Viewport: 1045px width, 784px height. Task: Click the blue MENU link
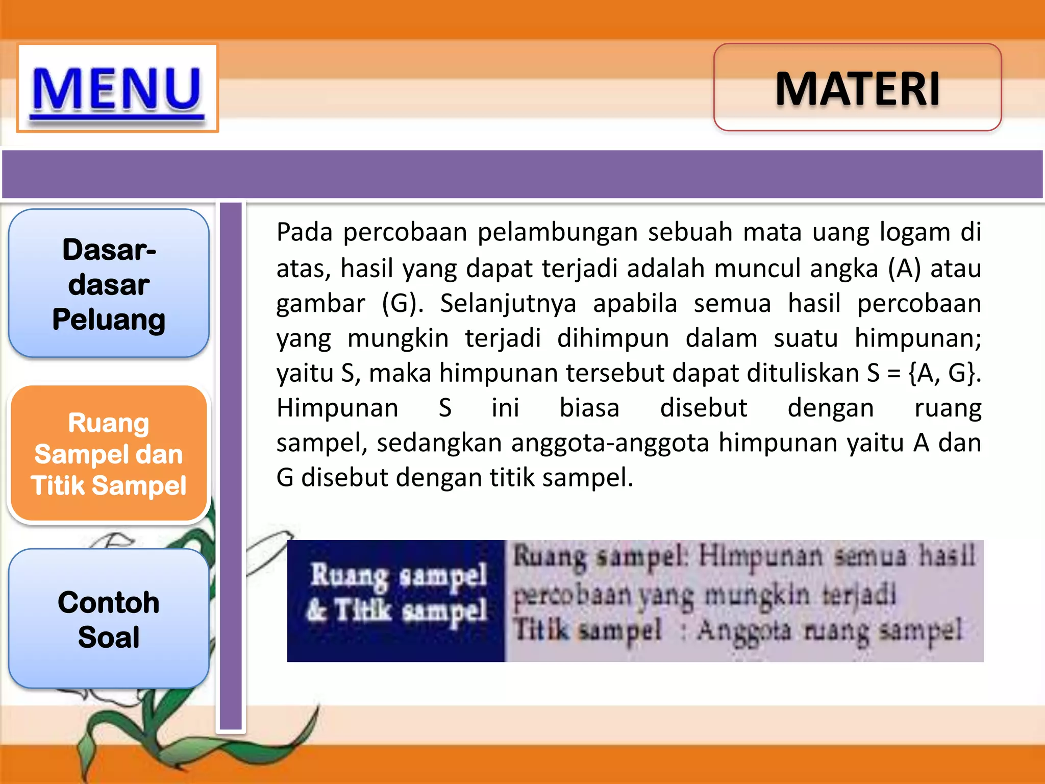pos(117,89)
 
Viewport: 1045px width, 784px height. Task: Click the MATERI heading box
pos(857,88)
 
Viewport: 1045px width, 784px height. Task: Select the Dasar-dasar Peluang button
pos(109,284)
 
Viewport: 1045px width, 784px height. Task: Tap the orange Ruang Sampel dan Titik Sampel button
pos(109,454)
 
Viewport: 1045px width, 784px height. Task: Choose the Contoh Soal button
pos(109,619)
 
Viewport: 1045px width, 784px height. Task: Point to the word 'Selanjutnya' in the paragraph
pos(508,304)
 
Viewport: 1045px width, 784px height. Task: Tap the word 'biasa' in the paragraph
pos(589,408)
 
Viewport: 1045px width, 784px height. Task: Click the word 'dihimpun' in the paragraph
pos(613,338)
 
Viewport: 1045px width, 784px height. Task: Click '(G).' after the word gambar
pos(403,304)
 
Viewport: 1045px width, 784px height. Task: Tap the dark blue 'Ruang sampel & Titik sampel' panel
pos(396,601)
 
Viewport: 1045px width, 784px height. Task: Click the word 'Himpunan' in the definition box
pos(760,556)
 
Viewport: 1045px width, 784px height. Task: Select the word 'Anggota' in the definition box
pos(743,631)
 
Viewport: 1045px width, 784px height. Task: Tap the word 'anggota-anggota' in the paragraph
pos(610,443)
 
